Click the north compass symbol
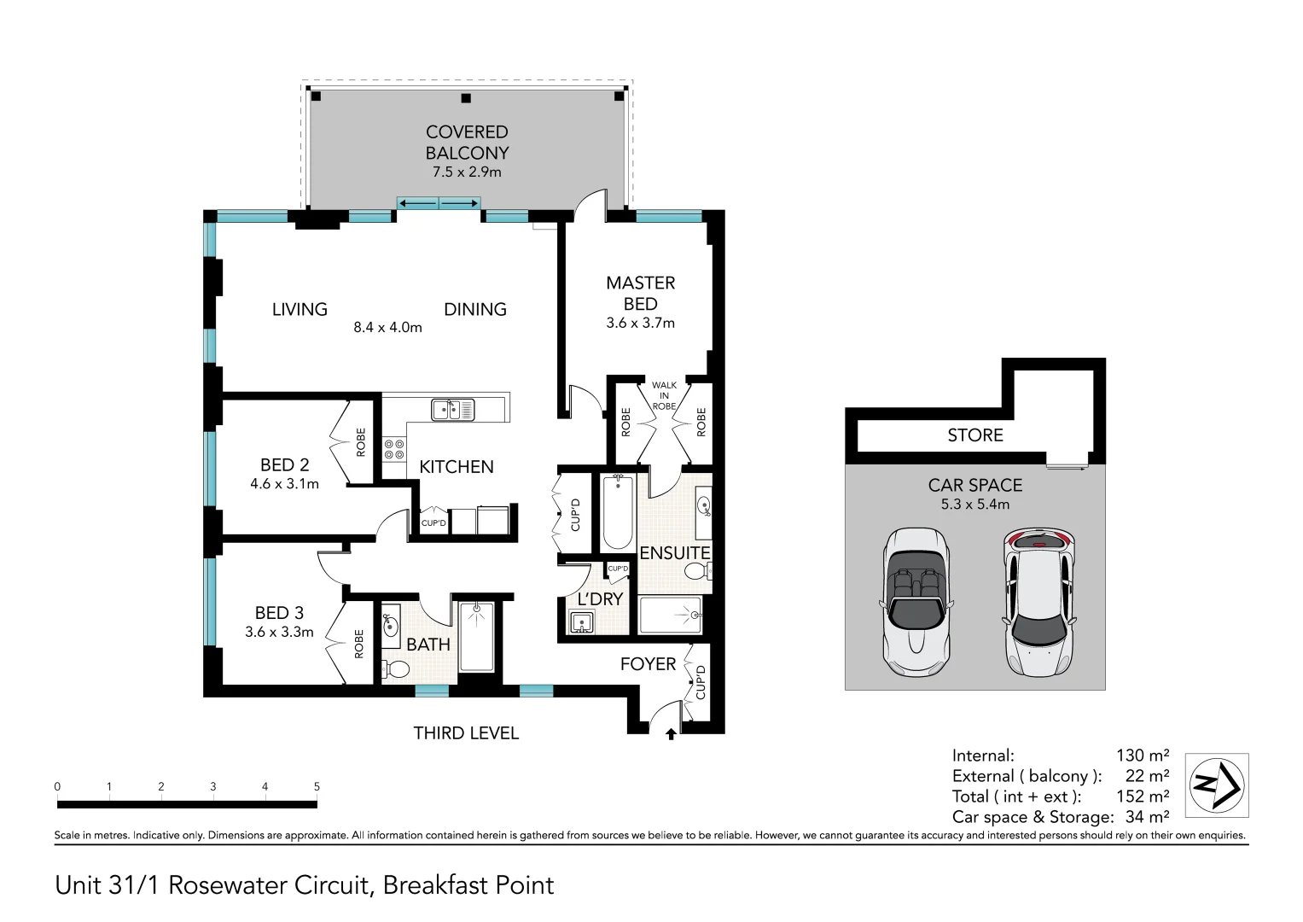click(x=1217, y=785)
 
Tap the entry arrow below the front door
click(x=671, y=734)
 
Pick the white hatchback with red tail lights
click(x=1040, y=603)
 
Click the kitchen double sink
click(x=452, y=410)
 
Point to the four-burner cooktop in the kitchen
click(x=394, y=449)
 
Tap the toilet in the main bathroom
click(x=396, y=668)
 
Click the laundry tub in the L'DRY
click(x=582, y=622)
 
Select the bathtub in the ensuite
click(x=618, y=512)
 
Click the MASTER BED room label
click(x=641, y=294)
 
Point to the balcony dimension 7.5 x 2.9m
click(x=467, y=172)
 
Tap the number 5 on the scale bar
click(x=317, y=786)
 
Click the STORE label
click(x=975, y=435)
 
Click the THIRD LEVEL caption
click(x=466, y=733)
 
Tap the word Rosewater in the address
click(x=229, y=885)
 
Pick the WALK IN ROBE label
click(x=664, y=396)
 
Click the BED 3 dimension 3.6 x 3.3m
click(x=279, y=632)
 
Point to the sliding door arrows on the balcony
click(x=439, y=203)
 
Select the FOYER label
click(x=648, y=664)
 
